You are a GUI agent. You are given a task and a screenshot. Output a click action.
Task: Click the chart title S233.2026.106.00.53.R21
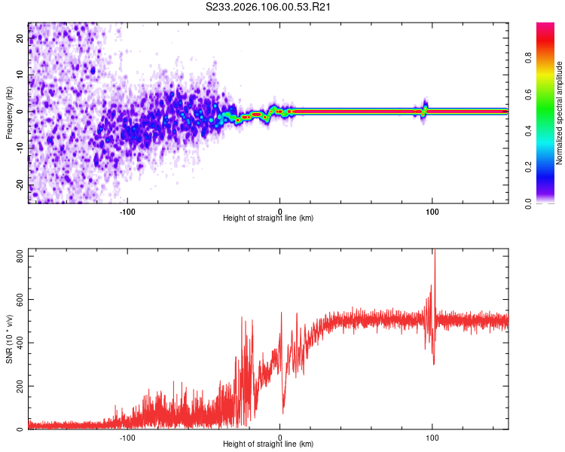point(269,7)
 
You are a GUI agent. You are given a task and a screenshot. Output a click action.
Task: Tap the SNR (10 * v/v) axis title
point(9,339)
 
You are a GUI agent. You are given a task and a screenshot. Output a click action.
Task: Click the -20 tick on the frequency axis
point(20,185)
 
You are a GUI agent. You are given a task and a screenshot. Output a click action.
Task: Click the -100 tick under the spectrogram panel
point(127,212)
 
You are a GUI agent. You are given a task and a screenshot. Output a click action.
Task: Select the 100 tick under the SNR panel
point(432,438)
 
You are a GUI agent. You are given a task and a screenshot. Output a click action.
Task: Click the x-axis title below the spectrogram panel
point(268,218)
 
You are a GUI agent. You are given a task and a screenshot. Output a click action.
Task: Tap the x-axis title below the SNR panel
point(268,444)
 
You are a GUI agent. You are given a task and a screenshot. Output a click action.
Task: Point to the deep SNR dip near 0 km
point(283,411)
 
